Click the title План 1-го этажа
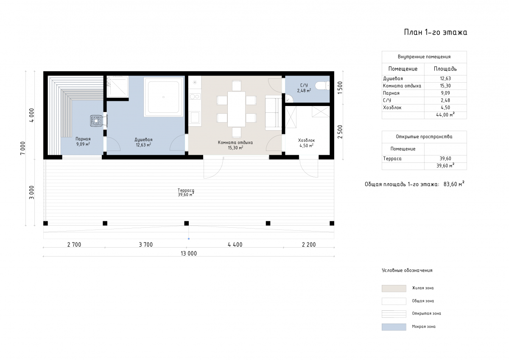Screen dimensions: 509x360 (435, 32)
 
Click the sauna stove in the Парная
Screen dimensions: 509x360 (96, 120)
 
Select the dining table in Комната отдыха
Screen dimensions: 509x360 (236, 109)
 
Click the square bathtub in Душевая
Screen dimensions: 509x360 (163, 97)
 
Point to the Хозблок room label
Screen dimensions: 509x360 (306, 143)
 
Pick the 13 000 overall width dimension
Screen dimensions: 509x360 (189, 253)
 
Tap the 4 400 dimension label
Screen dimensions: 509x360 (235, 245)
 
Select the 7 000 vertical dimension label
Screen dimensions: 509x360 (23, 148)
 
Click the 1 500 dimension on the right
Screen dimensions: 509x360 (340, 88)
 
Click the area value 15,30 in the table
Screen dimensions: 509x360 (445, 86)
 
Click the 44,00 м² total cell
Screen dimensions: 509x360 (445, 115)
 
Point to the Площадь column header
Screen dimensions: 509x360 (445, 69)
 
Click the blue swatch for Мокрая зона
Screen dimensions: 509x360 (394, 327)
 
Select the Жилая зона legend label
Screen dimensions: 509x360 (422, 288)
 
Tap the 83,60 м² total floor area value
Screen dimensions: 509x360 (454, 184)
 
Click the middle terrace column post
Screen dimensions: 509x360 (186, 223)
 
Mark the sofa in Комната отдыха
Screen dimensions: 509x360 (274, 113)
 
